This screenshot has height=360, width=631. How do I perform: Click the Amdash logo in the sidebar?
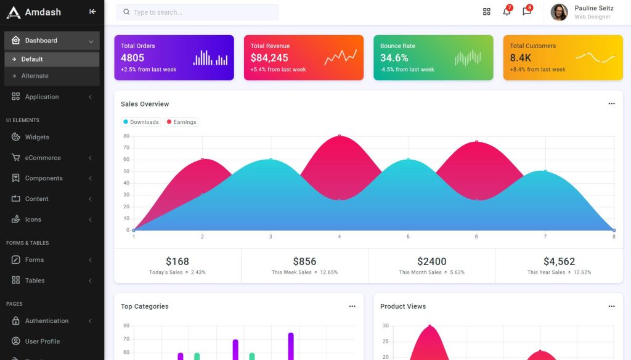click(14, 12)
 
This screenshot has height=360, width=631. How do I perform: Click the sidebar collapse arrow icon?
click(92, 12)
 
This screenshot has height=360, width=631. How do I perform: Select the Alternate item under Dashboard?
click(35, 76)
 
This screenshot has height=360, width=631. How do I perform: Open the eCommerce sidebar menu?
click(43, 158)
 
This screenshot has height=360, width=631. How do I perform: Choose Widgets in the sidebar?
click(37, 137)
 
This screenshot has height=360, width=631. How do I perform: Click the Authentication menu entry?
click(46, 321)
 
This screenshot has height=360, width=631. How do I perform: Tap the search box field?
click(197, 12)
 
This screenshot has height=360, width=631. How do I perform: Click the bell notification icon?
click(507, 12)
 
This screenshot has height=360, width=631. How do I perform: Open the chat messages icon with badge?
click(526, 12)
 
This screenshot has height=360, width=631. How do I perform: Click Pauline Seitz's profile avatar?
click(559, 12)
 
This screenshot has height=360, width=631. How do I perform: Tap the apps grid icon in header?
click(486, 12)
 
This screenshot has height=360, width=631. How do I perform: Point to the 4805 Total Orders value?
click(132, 58)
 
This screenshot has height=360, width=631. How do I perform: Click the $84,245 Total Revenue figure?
click(269, 58)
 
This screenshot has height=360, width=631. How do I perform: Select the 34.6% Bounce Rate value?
click(394, 58)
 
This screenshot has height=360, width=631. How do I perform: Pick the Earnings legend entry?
click(182, 122)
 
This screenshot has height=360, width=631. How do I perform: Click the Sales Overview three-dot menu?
click(611, 104)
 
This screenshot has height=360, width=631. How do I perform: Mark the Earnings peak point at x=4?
click(339, 136)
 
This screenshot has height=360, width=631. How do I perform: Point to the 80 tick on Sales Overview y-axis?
click(126, 136)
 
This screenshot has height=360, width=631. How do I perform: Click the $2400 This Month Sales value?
click(431, 261)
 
